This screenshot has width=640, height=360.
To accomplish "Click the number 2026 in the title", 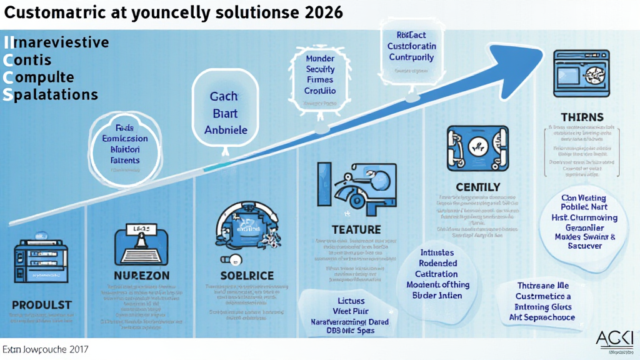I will click(322, 12).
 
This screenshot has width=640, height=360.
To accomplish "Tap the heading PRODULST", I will click(41, 304).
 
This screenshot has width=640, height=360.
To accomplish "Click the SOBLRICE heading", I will click(247, 276).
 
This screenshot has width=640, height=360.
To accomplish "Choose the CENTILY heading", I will click(477, 187).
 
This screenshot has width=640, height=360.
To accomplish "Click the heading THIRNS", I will click(582, 117).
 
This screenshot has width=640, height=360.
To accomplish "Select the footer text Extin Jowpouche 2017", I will click(45, 347).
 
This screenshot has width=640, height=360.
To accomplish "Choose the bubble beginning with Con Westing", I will click(579, 222).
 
